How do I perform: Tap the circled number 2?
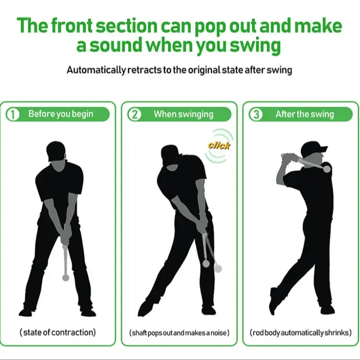pos(135,115)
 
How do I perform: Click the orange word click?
pos(219,145)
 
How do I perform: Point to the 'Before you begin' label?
pos(61,114)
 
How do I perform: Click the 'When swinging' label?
pos(184,114)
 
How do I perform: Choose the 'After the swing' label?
pos(305,114)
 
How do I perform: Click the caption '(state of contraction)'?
pos(58,333)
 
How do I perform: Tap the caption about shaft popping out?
pos(179,333)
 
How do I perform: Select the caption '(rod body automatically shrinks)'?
pos(301,333)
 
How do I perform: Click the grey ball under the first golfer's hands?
pos(65,278)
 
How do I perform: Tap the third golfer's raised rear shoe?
pos(273,301)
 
